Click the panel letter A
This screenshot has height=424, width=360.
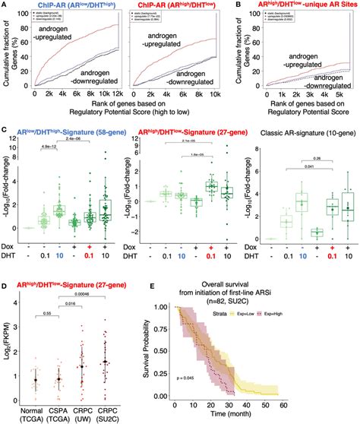point(5,5)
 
